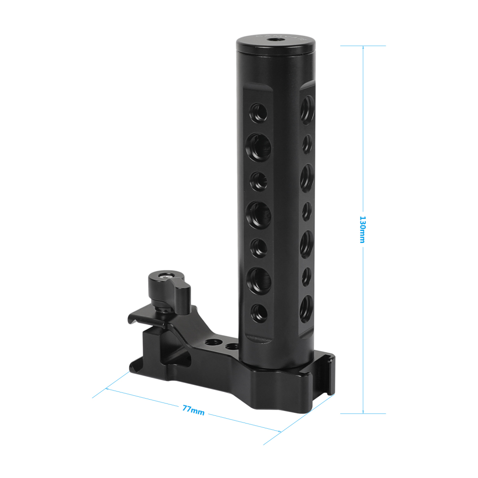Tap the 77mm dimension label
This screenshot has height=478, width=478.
(193, 410)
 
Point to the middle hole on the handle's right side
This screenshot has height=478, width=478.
(306, 210)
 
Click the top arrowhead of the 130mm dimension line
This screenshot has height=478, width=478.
(363, 48)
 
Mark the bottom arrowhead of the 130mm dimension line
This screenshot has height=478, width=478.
(363, 412)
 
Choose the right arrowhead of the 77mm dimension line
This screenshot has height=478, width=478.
(279, 431)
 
